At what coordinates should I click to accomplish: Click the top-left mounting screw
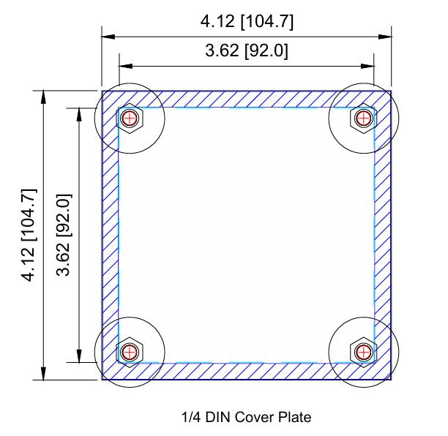click(x=130, y=118)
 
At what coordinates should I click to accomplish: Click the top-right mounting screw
click(x=362, y=118)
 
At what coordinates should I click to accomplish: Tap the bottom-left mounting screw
click(x=130, y=351)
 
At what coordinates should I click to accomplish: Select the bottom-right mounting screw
click(x=362, y=351)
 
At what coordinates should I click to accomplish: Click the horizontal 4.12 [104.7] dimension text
click(x=247, y=22)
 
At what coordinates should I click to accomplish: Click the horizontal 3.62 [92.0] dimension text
click(x=247, y=51)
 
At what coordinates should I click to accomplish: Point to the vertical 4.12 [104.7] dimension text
click(x=29, y=234)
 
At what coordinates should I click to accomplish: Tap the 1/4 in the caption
click(x=190, y=418)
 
